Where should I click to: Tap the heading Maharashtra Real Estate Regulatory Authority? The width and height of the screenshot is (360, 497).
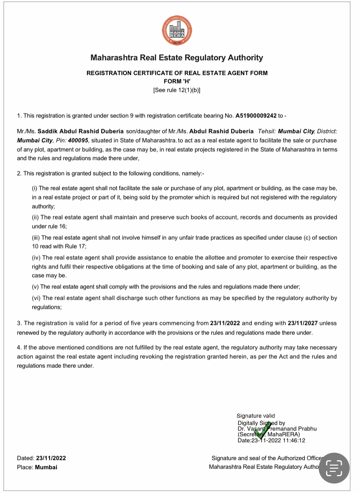177,58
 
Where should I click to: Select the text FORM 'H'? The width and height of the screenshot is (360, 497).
177,81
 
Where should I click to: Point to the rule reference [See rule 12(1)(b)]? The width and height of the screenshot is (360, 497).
177,90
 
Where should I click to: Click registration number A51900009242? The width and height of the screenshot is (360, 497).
256,116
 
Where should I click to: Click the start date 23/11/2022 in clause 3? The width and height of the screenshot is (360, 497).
225,324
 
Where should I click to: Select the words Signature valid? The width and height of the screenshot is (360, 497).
256,416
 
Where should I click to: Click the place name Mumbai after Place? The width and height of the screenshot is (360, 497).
46,467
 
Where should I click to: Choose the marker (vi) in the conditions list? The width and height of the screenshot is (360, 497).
36,298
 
